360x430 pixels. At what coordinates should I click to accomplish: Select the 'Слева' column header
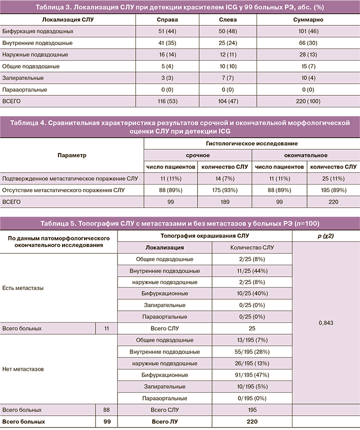228,19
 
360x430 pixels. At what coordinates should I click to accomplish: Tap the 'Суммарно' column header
308,19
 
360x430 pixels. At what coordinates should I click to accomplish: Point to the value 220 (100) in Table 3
308,101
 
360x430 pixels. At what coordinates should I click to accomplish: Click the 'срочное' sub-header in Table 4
198,155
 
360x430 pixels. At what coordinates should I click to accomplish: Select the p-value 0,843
325,323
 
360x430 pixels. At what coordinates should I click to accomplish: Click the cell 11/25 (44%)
252,270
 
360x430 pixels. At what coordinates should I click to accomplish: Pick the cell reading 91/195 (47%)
252,374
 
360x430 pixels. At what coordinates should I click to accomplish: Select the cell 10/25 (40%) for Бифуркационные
252,293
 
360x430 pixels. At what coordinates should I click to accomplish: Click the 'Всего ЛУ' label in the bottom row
165,421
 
